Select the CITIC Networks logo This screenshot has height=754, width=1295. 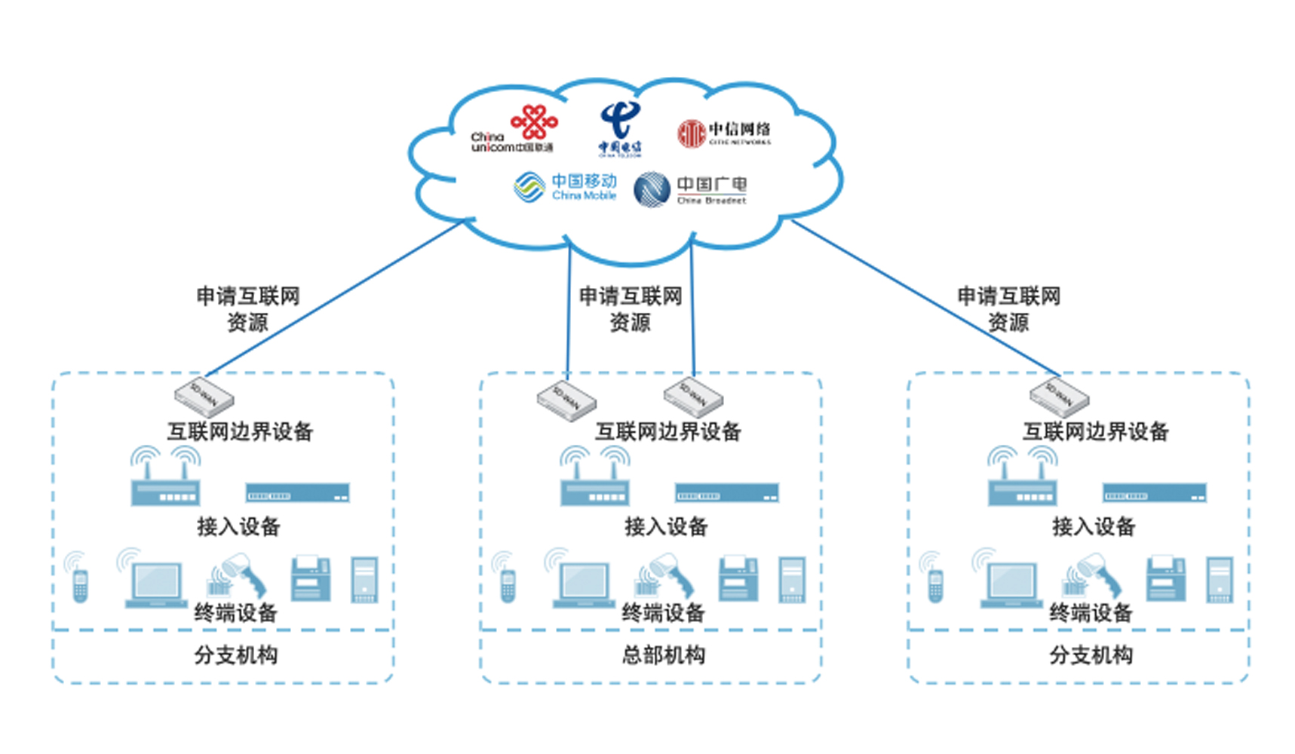pyautogui.click(x=724, y=133)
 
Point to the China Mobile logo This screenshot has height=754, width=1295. pyautogui.click(x=566, y=187)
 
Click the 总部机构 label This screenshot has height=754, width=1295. pyautogui.click(x=664, y=654)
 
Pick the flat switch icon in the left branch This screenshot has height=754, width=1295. pyautogui.click(x=297, y=493)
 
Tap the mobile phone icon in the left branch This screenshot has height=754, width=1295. pyautogui.click(x=80, y=584)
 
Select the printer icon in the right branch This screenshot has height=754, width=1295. pyautogui.click(x=1166, y=579)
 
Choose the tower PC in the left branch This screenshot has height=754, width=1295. pyautogui.click(x=364, y=579)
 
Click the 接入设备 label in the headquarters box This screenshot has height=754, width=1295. pyautogui.click(x=666, y=526)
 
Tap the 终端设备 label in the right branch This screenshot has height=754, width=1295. pyautogui.click(x=1091, y=613)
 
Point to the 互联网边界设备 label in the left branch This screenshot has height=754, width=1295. pyautogui.click(x=240, y=431)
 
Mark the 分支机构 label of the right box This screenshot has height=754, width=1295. pyautogui.click(x=1091, y=654)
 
